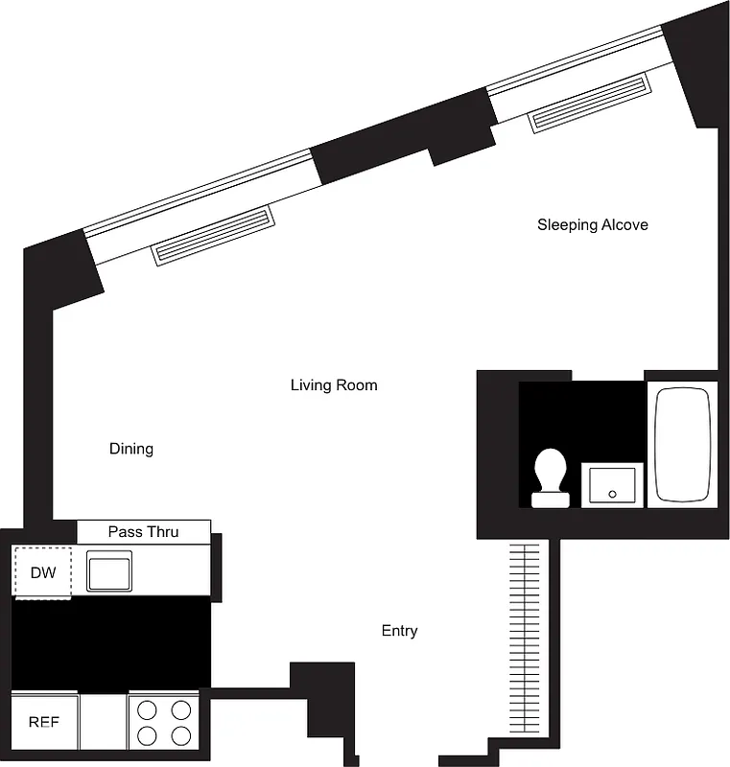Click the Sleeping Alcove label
pyautogui.click(x=592, y=225)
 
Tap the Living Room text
pyautogui.click(x=334, y=385)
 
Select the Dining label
pyautogui.click(x=131, y=449)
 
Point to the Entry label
pyautogui.click(x=399, y=631)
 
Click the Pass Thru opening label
pyautogui.click(x=143, y=531)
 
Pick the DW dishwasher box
pyautogui.click(x=42, y=573)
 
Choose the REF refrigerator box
pyautogui.click(x=43, y=721)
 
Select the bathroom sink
pyautogui.click(x=612, y=484)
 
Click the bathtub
pyautogui.click(x=682, y=445)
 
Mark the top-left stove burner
pyautogui.click(x=147, y=710)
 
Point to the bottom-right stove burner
pyautogui.click(x=179, y=735)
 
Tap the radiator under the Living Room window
pyautogui.click(x=213, y=234)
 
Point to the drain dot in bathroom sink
pyautogui.click(x=612, y=494)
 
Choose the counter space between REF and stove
pyautogui.click(x=103, y=721)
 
